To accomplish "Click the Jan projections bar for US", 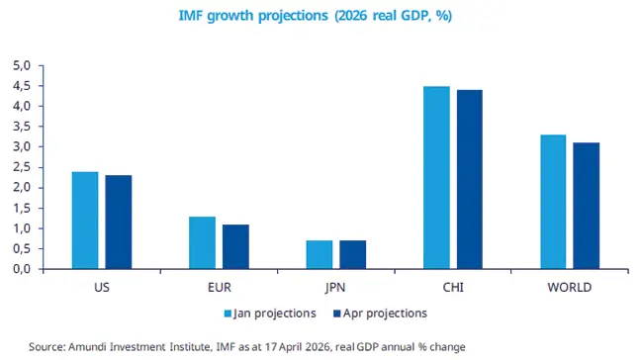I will click(x=85, y=221).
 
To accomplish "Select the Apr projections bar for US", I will click(x=119, y=223).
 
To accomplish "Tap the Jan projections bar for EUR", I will click(x=202, y=242).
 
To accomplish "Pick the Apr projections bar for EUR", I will click(x=235, y=246).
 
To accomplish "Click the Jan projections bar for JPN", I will click(x=319, y=254).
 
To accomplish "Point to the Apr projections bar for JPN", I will click(x=352, y=254).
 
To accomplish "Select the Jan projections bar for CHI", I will click(x=436, y=178).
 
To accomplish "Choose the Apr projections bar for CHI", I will click(x=469, y=180).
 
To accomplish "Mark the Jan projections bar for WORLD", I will click(x=553, y=202).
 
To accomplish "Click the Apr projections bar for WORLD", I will click(x=586, y=206).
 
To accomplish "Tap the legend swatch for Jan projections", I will click(x=227, y=314).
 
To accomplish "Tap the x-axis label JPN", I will click(x=335, y=288).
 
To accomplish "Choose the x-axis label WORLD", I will click(x=569, y=288).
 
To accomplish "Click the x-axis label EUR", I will click(x=219, y=288).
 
